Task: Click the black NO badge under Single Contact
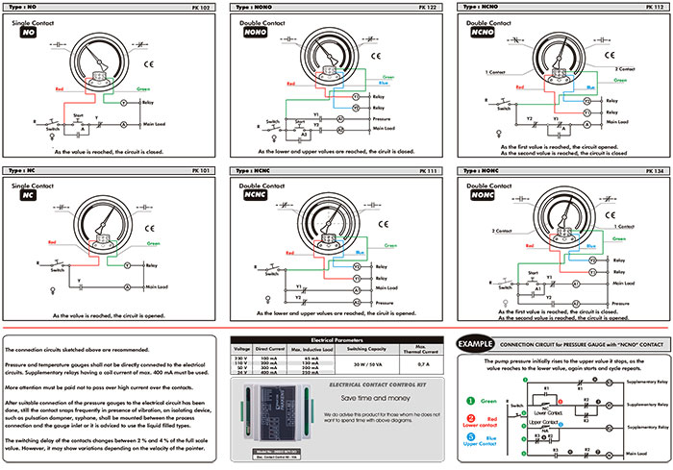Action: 29,32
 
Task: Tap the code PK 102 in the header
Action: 206,7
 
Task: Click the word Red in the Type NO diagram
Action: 62,86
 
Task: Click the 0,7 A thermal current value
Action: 422,365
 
